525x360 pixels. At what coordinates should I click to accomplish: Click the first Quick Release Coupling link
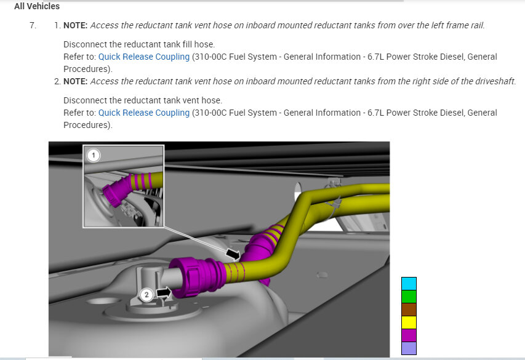click(144, 57)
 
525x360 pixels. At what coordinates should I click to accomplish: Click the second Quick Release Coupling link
click(144, 113)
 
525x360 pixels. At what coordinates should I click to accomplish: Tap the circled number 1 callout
click(94, 156)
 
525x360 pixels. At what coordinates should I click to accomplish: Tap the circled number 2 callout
click(146, 295)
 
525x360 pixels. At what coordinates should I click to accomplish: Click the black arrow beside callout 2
click(164, 292)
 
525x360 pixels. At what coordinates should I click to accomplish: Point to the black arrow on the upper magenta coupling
click(233, 254)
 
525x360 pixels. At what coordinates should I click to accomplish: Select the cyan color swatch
click(409, 283)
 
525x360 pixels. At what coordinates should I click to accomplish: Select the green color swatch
click(409, 297)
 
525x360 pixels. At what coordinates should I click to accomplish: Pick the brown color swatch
click(409, 310)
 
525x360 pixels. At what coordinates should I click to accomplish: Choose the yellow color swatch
click(409, 322)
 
